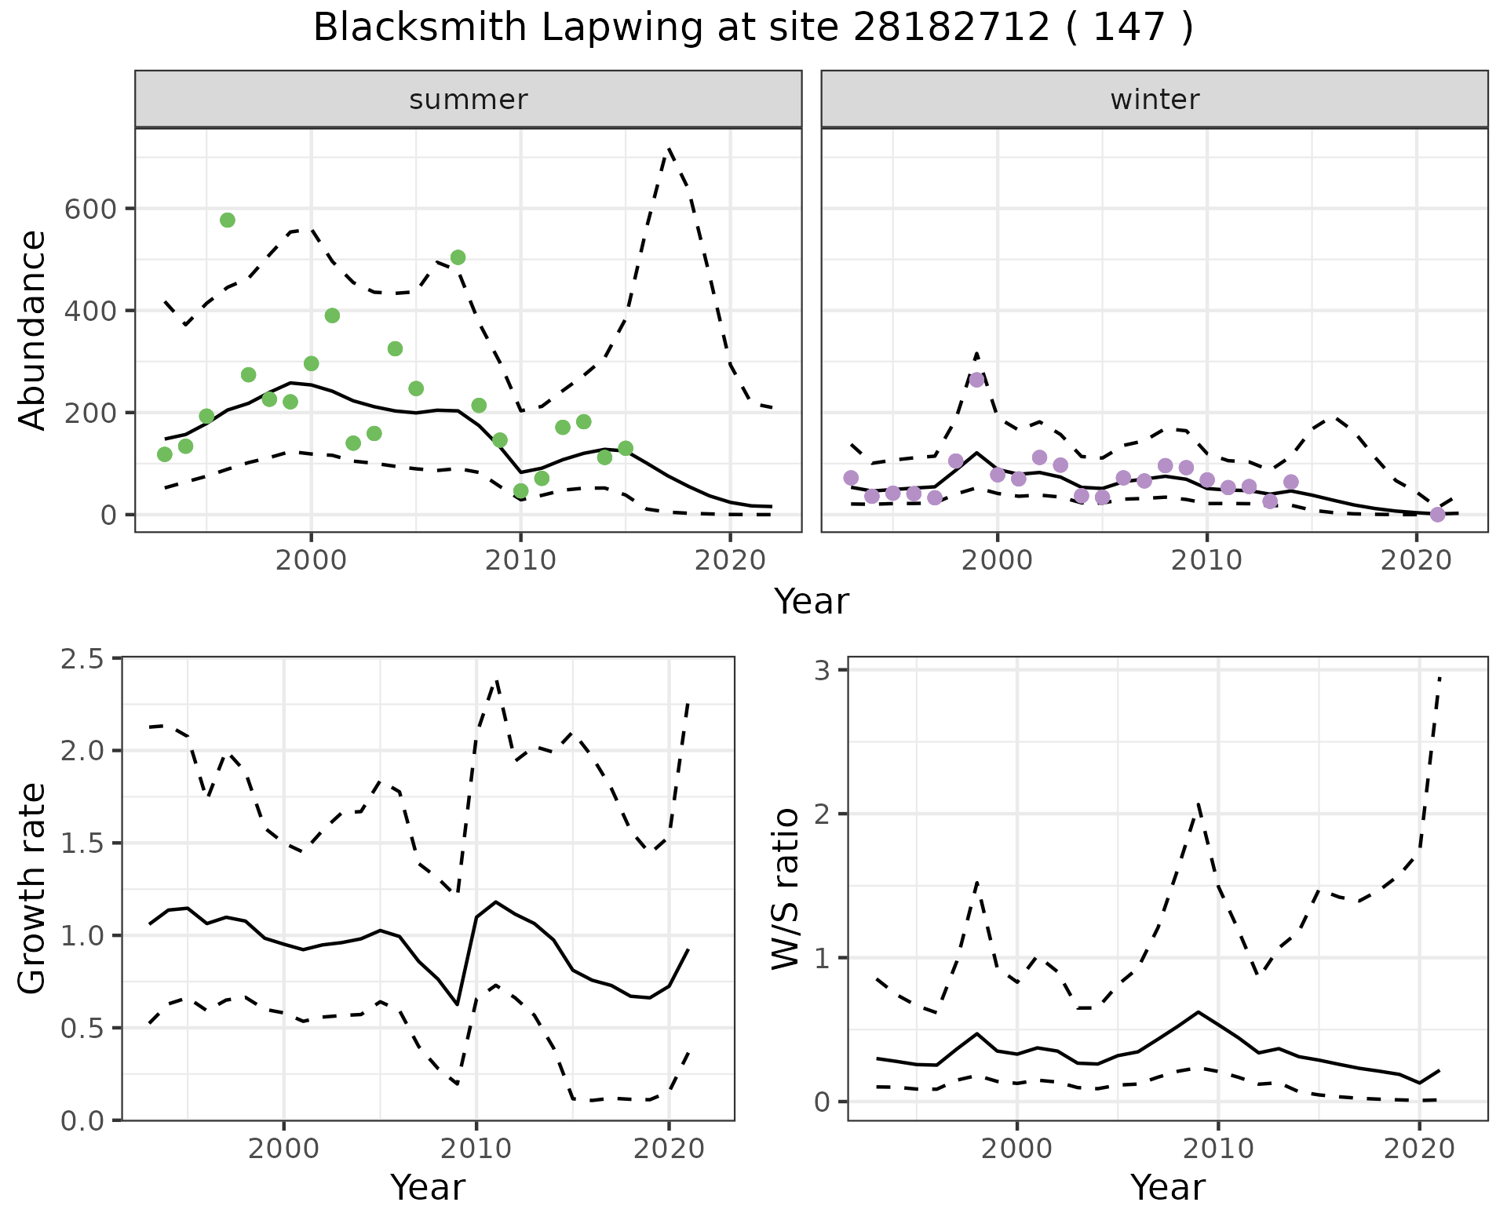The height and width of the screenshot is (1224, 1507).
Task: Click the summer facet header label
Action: (x=469, y=100)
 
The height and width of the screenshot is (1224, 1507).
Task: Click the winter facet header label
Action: (x=1155, y=100)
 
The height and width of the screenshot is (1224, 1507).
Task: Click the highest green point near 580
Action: (x=228, y=220)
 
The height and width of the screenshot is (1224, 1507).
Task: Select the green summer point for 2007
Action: (x=458, y=257)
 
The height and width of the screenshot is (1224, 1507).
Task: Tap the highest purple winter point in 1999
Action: (x=976, y=380)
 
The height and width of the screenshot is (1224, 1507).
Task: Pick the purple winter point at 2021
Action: (x=1437, y=515)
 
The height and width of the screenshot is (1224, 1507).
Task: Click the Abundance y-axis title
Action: (x=33, y=330)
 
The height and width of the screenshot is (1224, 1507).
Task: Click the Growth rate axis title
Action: (x=33, y=889)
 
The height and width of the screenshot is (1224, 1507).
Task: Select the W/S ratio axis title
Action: (x=786, y=889)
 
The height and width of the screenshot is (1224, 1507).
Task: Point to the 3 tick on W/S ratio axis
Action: (x=830, y=670)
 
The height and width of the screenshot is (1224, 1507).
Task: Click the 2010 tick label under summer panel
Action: (x=520, y=560)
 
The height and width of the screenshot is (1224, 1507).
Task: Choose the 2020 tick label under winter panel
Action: (x=1417, y=560)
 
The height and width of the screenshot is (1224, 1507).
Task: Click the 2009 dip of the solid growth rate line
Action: (x=457, y=1004)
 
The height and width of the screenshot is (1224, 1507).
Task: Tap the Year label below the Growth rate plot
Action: (x=428, y=1187)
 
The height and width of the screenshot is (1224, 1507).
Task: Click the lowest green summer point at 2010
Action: (x=520, y=491)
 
